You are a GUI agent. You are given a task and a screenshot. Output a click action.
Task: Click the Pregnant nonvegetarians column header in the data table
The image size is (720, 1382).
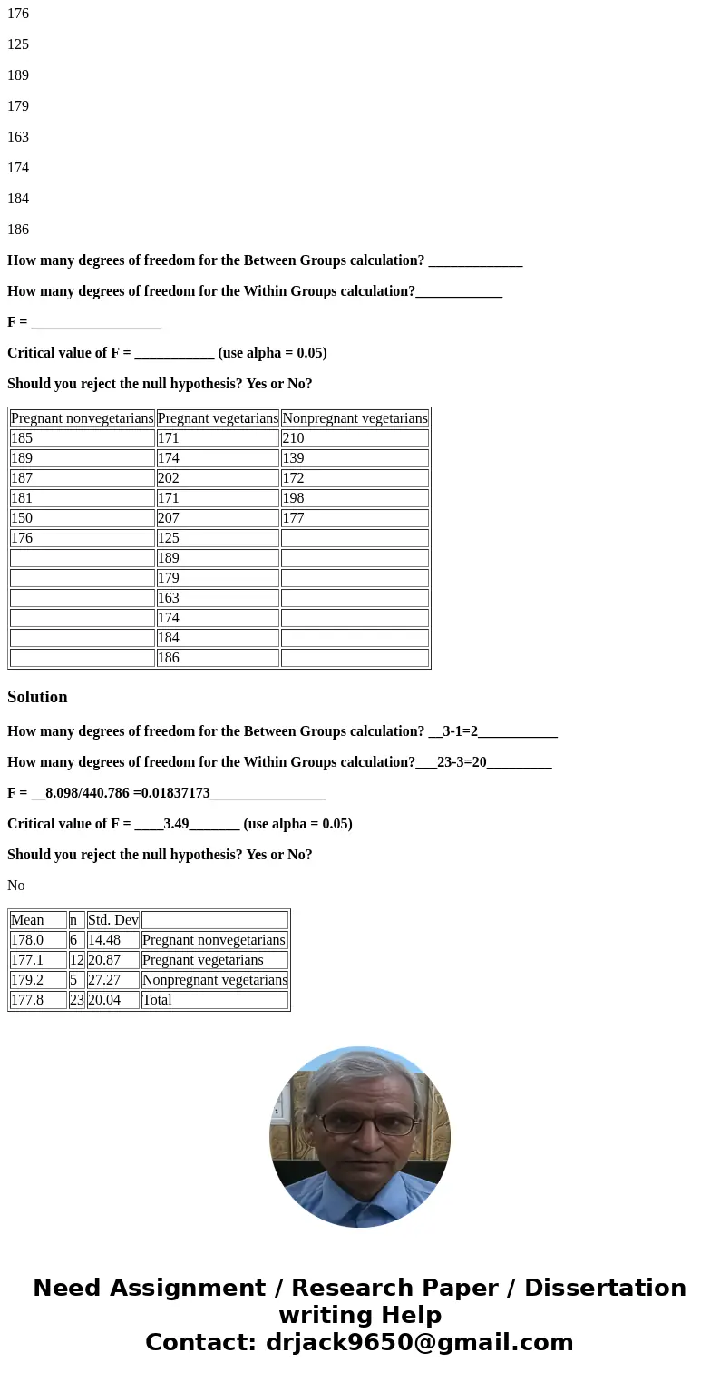coord(83,418)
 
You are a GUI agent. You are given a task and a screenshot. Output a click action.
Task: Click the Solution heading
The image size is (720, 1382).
coord(37,697)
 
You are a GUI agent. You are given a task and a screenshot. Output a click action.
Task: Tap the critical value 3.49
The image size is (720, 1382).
coord(176,824)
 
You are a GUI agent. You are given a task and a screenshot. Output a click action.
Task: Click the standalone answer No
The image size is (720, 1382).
coord(16,886)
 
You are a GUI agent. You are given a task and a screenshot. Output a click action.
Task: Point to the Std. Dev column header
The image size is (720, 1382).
coord(112,920)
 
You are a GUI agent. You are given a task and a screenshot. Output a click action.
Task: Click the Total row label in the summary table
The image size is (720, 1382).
coord(157,1000)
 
